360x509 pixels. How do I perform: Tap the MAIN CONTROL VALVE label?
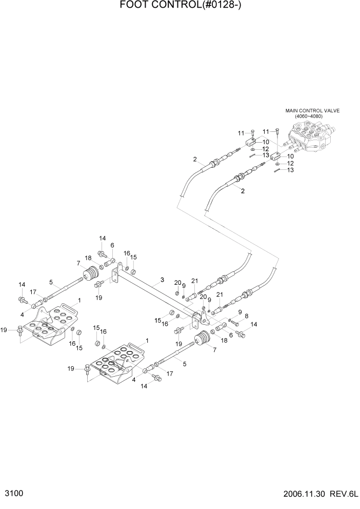(x=312, y=111)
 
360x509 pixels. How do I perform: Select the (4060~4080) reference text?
(x=312, y=116)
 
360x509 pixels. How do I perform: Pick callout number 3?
(x=162, y=280)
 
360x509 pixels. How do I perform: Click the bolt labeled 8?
(x=233, y=323)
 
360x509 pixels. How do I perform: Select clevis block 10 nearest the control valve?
(x=276, y=156)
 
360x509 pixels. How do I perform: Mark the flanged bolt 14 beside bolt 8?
(x=241, y=334)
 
